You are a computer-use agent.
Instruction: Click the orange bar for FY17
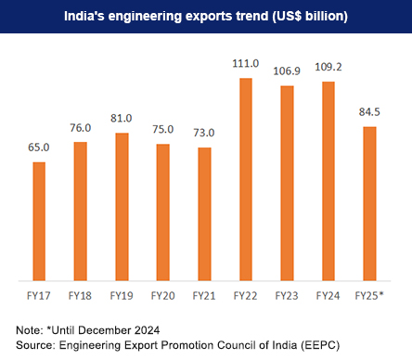(39, 220)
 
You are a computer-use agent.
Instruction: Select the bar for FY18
(80, 210)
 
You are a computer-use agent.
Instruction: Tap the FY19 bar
(122, 205)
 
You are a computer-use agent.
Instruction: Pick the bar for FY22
(246, 178)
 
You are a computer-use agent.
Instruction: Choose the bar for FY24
(328, 180)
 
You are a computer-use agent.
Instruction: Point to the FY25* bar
(369, 202)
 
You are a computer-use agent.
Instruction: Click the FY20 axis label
(163, 295)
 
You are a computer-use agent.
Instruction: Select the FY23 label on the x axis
(287, 295)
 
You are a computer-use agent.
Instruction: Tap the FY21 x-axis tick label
(204, 295)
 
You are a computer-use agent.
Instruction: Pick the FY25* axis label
(370, 295)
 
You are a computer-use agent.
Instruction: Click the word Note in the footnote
(28, 329)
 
